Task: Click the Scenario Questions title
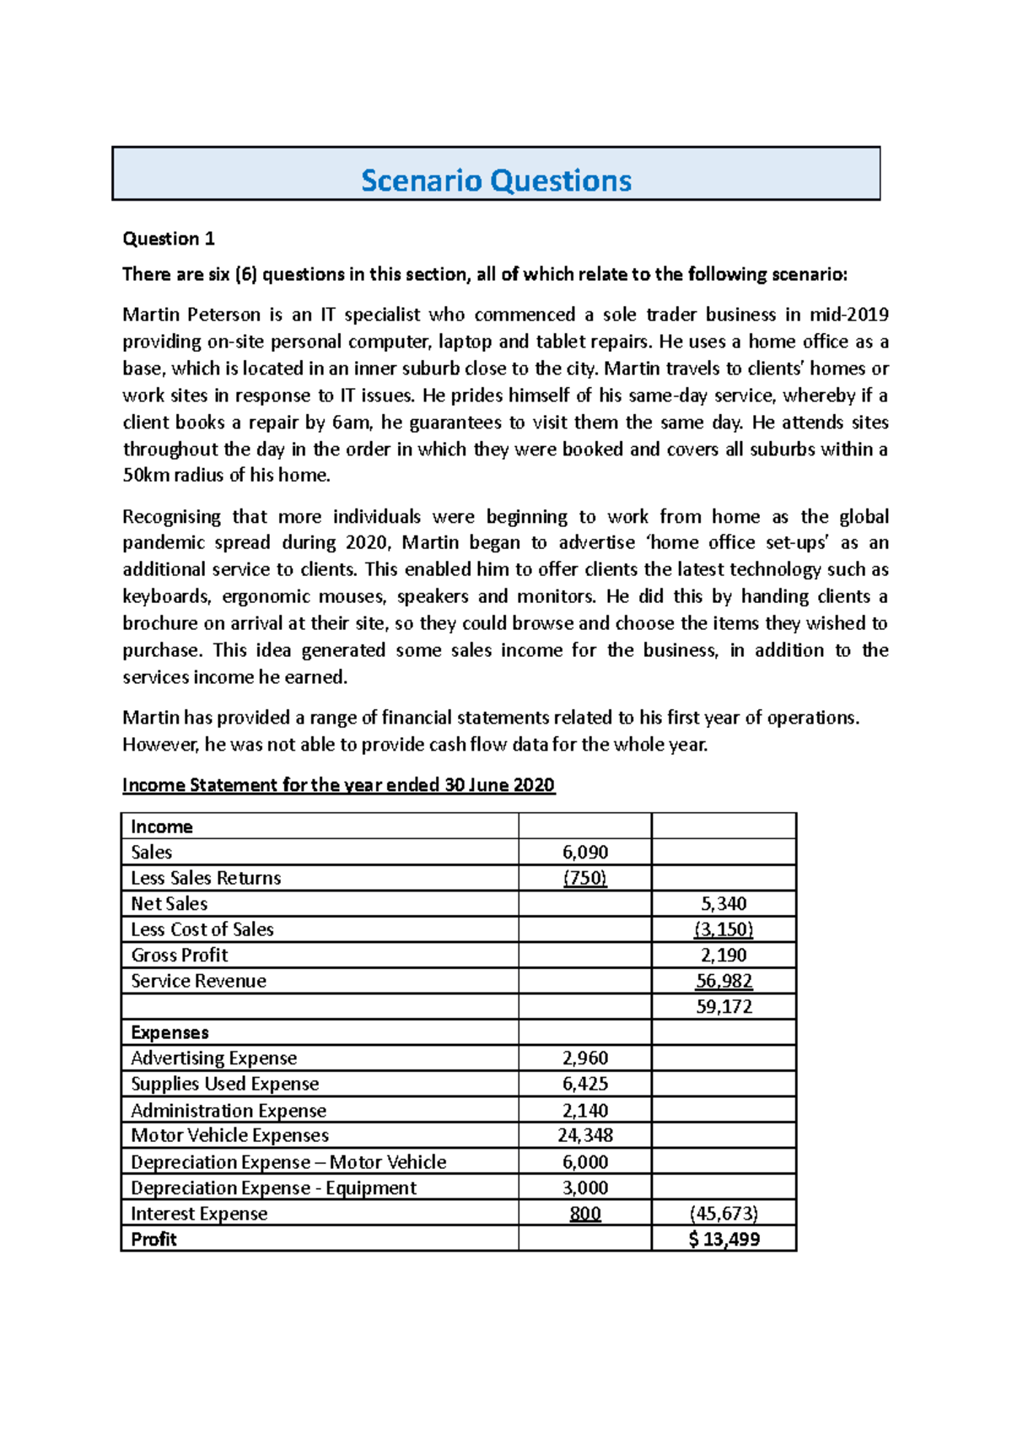(496, 180)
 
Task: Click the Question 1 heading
(169, 239)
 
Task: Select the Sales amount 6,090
(585, 852)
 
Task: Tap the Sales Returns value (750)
(585, 878)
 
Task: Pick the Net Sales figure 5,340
(724, 904)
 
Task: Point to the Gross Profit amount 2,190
(724, 956)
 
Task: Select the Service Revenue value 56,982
(724, 981)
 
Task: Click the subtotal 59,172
(724, 1007)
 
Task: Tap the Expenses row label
(170, 1032)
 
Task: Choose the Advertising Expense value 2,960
(585, 1058)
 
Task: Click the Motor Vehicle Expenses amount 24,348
(585, 1135)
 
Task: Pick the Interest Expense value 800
(585, 1214)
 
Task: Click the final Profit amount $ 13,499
(724, 1239)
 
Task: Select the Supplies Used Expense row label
(224, 1084)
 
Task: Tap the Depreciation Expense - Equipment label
(273, 1187)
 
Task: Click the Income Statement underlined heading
(338, 785)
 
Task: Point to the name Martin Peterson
(191, 315)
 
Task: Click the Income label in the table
(162, 826)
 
